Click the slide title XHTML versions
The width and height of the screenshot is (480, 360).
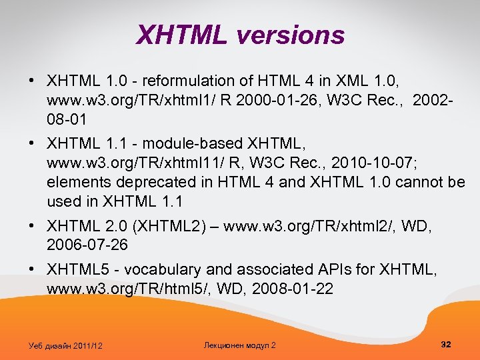(240, 35)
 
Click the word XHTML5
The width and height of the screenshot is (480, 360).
(77, 270)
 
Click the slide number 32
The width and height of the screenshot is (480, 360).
(446, 344)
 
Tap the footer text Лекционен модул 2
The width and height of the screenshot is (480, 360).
(239, 345)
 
